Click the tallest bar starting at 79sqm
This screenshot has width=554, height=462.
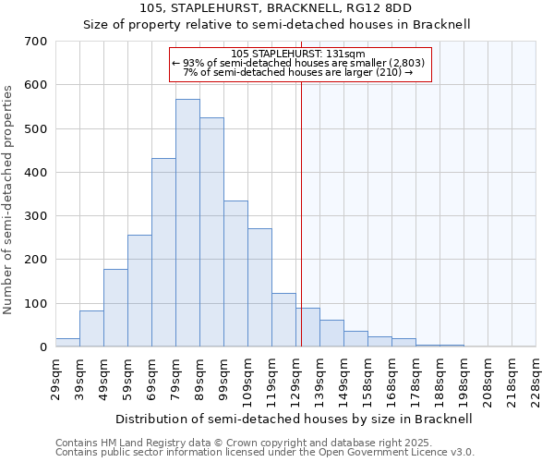pyautogui.click(x=187, y=223)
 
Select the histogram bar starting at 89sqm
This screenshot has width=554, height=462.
pyautogui.click(x=211, y=232)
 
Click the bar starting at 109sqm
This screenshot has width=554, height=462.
pyautogui.click(x=259, y=287)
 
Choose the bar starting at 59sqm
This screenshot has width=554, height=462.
pyautogui.click(x=139, y=291)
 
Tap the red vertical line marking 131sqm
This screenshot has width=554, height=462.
pyautogui.click(x=301, y=231)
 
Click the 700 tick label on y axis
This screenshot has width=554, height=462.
pyautogui.click(x=36, y=42)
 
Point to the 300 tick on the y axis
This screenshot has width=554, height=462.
pyautogui.click(x=36, y=216)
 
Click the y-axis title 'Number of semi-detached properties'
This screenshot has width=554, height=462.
pyautogui.click(x=9, y=199)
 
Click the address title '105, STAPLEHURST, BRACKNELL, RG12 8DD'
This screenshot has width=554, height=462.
pyautogui.click(x=277, y=8)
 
